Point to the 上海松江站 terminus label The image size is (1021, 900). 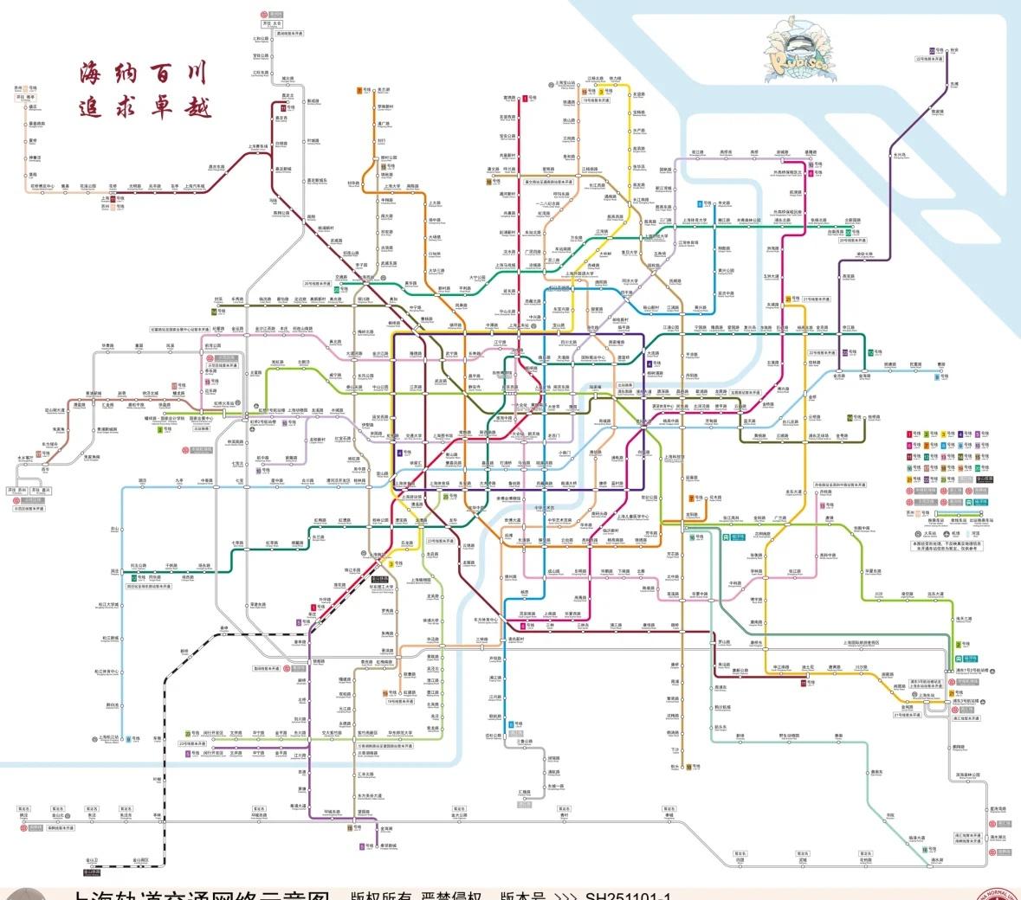(109, 738)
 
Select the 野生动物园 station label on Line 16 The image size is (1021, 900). (788, 736)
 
